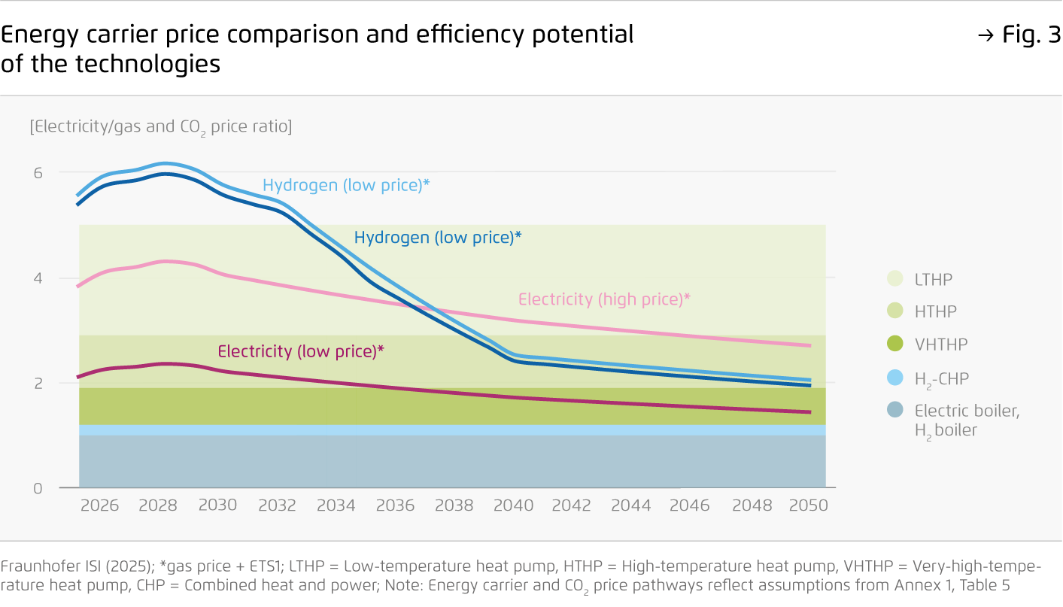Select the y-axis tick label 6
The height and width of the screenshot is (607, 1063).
(38, 172)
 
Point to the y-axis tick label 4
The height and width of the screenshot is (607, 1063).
(38, 278)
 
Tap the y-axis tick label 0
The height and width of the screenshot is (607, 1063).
(38, 489)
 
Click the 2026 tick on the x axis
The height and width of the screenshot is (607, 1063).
(99, 505)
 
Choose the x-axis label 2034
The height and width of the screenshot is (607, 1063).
(336, 505)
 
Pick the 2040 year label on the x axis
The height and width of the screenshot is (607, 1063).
(513, 505)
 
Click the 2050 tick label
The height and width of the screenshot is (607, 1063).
(808, 505)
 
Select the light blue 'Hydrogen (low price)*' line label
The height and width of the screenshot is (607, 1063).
(346, 185)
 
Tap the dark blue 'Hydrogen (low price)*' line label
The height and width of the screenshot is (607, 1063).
(437, 238)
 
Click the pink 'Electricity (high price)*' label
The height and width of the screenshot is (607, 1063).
(604, 299)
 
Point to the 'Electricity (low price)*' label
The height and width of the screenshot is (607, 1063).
(301, 351)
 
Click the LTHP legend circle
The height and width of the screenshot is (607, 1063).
(894, 279)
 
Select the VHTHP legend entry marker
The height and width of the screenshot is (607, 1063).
(894, 344)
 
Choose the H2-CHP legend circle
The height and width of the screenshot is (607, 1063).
(894, 378)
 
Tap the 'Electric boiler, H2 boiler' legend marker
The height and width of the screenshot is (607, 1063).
(894, 411)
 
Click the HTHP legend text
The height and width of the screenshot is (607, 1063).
(935, 312)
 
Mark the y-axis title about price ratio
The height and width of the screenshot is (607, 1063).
(161, 126)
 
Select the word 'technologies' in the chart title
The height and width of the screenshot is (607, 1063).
(147, 64)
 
